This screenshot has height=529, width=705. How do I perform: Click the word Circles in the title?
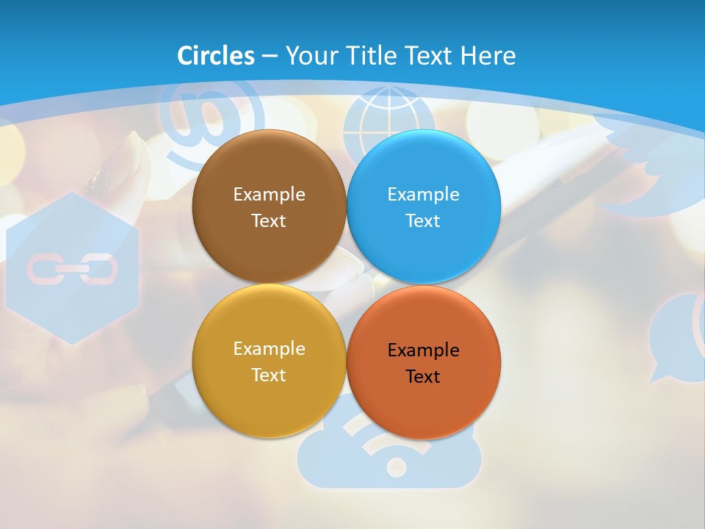pos(216,56)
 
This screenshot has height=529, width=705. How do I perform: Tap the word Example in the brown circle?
pos(269,195)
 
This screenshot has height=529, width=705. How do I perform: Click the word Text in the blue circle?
pos(423,221)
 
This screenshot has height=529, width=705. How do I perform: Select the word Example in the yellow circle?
pos(269,349)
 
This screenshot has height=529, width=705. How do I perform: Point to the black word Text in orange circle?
pos(423,377)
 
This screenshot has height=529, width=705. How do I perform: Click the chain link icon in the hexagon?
pos(72,269)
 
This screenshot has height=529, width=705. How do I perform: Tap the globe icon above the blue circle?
pos(388,118)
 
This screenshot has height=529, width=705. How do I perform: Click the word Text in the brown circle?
pos(269,221)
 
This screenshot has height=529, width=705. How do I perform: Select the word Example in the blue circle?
pos(423,195)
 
